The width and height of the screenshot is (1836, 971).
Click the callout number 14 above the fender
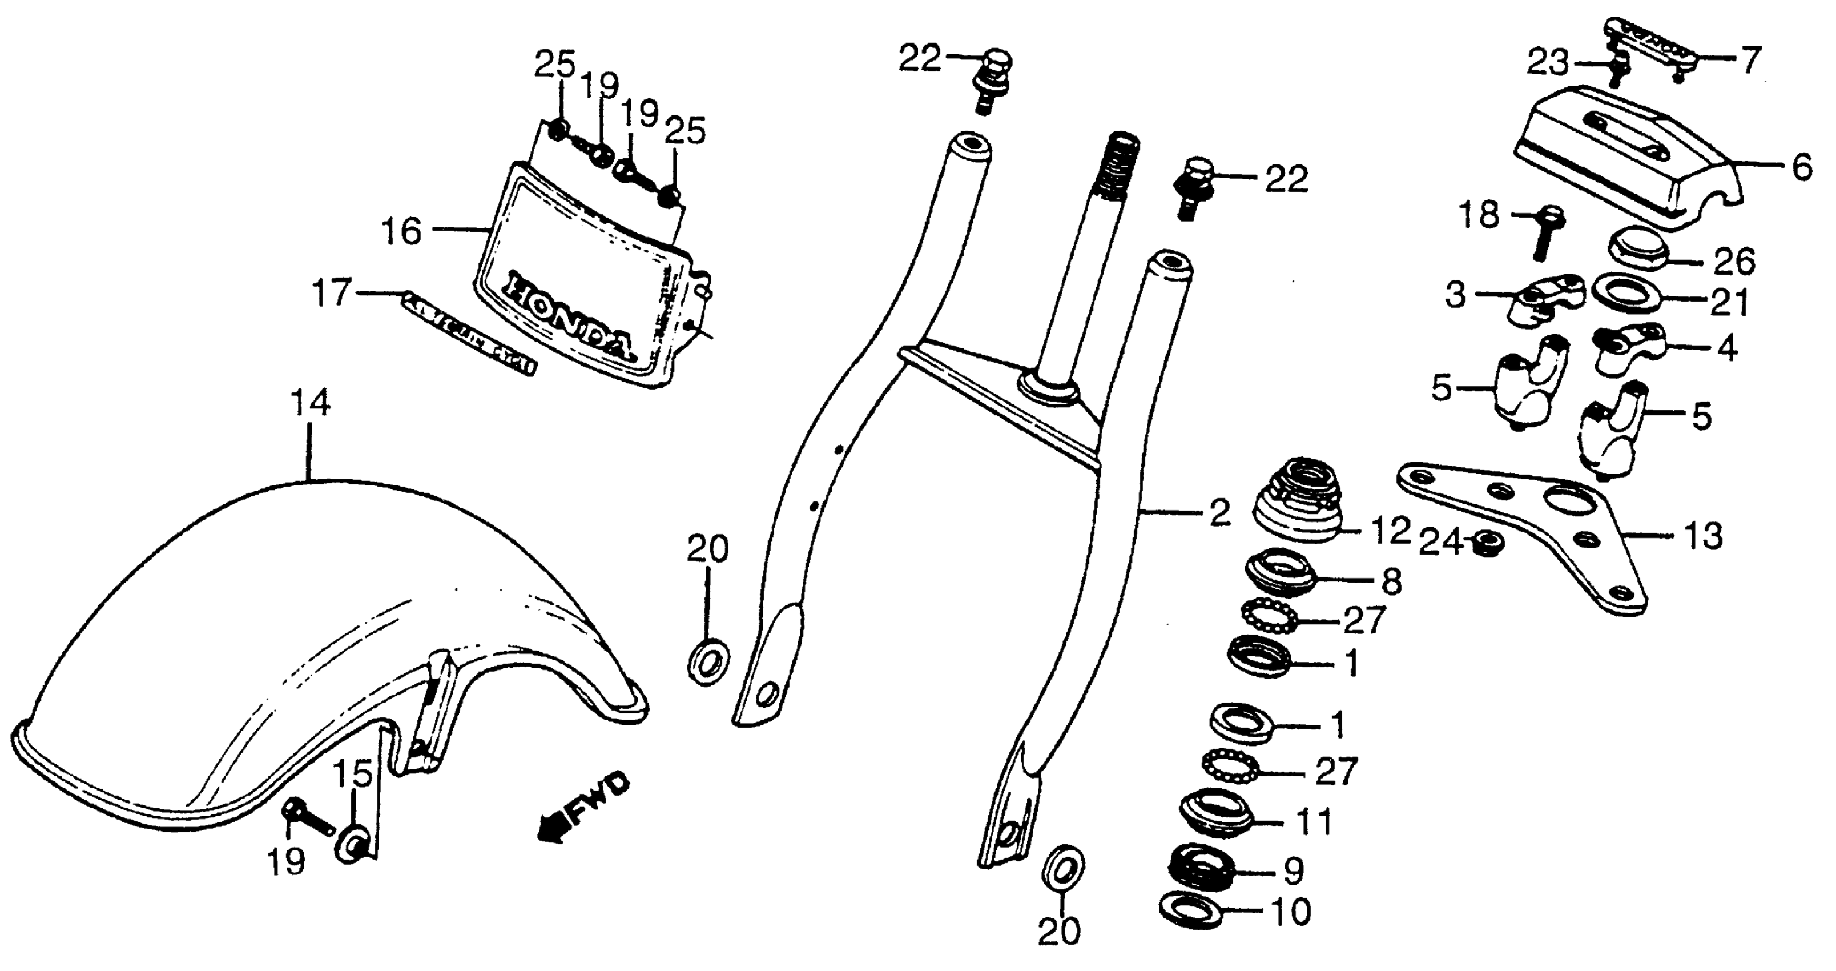(x=310, y=403)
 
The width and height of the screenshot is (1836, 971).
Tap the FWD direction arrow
(x=583, y=805)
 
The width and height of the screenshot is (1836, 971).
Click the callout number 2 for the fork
(x=1220, y=513)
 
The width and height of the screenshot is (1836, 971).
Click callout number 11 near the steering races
(x=1314, y=822)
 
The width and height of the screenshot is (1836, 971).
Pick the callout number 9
(x=1293, y=870)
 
